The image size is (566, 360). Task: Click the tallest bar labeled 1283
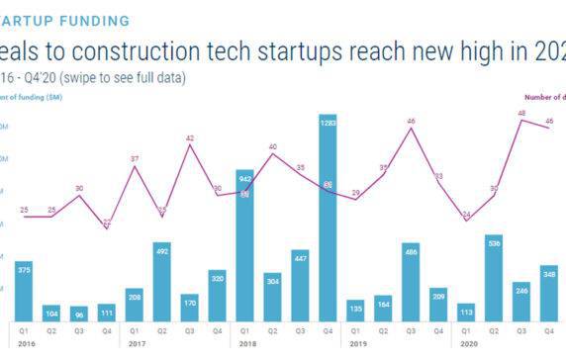pyautogui.click(x=329, y=218)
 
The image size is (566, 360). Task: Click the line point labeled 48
pyautogui.click(x=521, y=121)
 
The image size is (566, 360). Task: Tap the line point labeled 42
pyautogui.click(x=190, y=146)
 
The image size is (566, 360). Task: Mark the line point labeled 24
pyautogui.click(x=466, y=220)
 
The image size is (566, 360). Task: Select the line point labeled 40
pyautogui.click(x=273, y=154)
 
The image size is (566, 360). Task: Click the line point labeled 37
pyautogui.click(x=135, y=166)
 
